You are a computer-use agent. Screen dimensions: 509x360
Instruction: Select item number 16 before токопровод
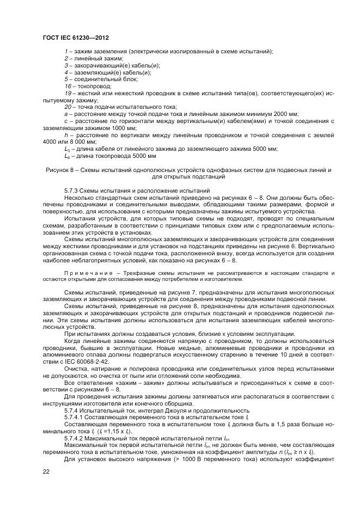click(67, 86)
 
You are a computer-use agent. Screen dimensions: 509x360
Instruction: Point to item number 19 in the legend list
click(67, 93)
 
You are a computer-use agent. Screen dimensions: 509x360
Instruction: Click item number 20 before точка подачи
click(67, 107)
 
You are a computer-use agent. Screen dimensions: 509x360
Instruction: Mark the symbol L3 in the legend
click(67, 148)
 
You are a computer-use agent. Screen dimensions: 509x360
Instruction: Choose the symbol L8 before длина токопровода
click(67, 156)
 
